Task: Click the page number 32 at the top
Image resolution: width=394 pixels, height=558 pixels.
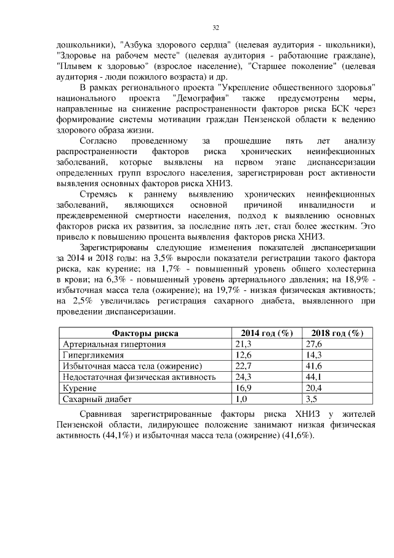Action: (x=216, y=28)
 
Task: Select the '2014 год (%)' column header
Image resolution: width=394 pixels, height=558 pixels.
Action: (x=267, y=333)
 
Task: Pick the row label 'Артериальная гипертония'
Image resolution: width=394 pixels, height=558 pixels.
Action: (x=114, y=343)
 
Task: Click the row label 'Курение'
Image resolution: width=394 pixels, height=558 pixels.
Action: (x=79, y=388)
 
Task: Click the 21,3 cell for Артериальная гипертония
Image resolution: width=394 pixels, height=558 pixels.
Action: (x=244, y=343)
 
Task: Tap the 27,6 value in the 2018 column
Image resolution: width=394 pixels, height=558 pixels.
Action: (x=315, y=343)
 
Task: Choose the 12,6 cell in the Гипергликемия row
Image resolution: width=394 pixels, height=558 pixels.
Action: (x=244, y=355)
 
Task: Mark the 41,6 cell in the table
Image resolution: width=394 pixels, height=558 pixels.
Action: (x=315, y=366)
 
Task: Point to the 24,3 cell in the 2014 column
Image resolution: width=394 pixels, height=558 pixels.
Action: (x=244, y=377)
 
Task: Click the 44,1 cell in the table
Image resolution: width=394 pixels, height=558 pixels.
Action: (x=315, y=377)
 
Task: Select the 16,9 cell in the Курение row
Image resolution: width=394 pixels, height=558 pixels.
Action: (x=244, y=388)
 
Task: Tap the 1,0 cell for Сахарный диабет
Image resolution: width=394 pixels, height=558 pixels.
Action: (x=241, y=399)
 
